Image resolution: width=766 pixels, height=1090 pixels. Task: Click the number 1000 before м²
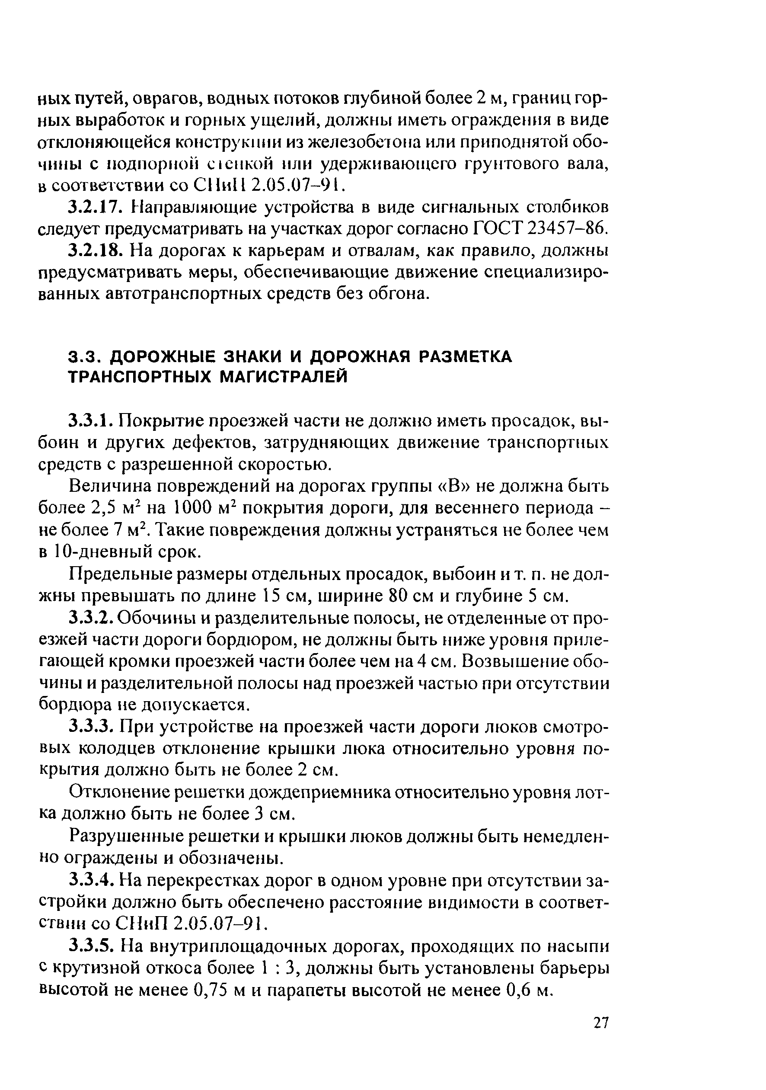pyautogui.click(x=189, y=508)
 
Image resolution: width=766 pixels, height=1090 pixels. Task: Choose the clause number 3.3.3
pyautogui.click(x=93, y=726)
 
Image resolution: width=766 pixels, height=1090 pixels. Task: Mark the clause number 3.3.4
pyautogui.click(x=93, y=880)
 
